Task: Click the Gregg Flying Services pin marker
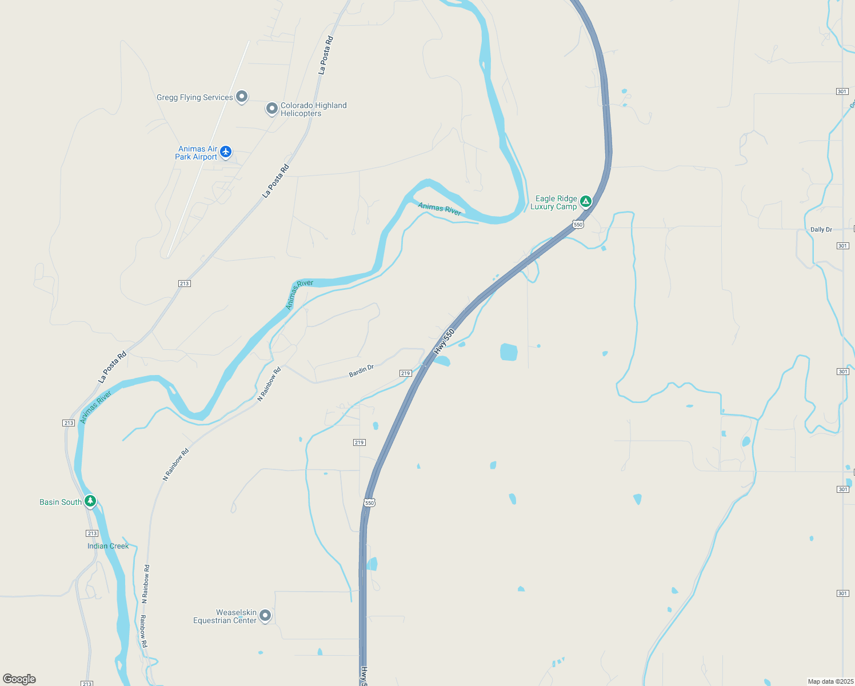[x=242, y=97]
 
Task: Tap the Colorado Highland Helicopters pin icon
[x=272, y=108]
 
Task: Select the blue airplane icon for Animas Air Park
[x=226, y=151]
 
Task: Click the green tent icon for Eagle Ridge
[x=585, y=201]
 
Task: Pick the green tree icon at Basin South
[x=90, y=501]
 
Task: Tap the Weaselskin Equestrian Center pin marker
[x=265, y=615]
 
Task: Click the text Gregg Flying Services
[x=194, y=98]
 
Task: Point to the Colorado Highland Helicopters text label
[x=313, y=109]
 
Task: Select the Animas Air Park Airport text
[x=196, y=153]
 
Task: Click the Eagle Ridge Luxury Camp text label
[x=553, y=202]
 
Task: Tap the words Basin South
[x=60, y=502]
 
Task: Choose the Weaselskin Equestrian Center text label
[x=225, y=616]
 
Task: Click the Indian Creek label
[x=108, y=546]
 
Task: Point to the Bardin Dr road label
[x=361, y=371]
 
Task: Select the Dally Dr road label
[x=821, y=230]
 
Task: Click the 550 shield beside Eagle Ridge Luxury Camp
[x=578, y=225]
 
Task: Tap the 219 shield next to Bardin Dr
[x=405, y=373]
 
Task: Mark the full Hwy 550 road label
[x=444, y=341]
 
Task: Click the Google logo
[x=19, y=679]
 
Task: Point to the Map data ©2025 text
[x=830, y=681]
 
